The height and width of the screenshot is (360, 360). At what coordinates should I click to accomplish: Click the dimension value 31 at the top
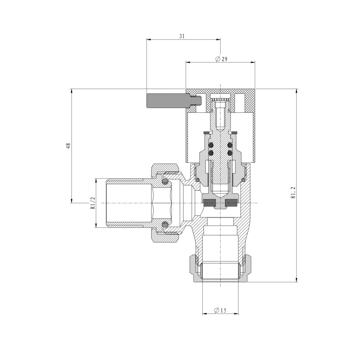coord(182,36)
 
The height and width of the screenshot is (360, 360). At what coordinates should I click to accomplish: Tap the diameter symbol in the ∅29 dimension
coord(218,59)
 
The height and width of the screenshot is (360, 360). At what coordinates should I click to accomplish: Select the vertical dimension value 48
coord(68,146)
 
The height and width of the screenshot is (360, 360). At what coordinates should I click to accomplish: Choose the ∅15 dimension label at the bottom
coord(220,310)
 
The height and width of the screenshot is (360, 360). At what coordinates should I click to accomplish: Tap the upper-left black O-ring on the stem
coord(210,145)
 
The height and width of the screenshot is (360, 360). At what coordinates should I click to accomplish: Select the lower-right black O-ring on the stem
coord(230,153)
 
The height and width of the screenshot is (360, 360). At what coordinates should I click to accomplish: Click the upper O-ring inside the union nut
coord(165,182)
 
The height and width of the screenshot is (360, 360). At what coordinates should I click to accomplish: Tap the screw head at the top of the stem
coord(220,99)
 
